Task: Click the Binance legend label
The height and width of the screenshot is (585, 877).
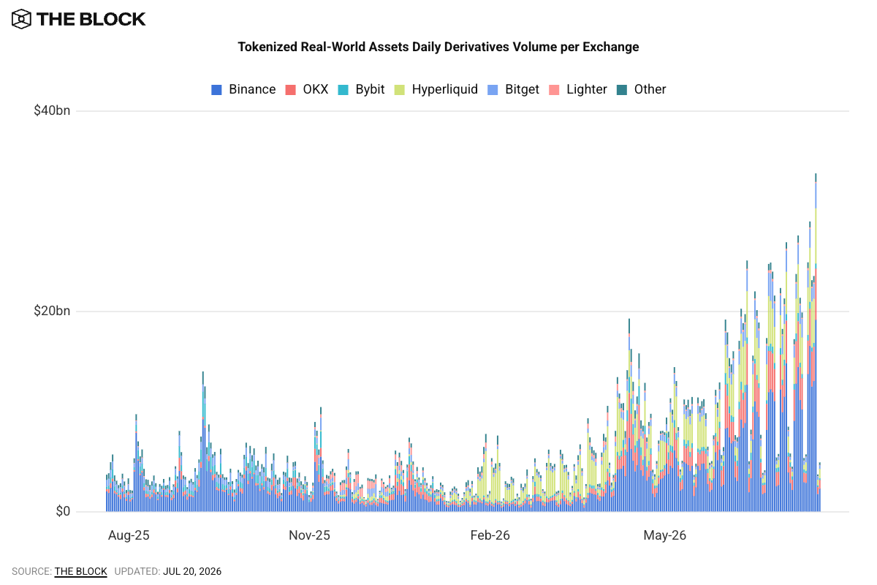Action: [252, 89]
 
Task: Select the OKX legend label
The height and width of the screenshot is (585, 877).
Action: [316, 89]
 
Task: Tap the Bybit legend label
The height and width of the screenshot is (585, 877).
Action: [370, 90]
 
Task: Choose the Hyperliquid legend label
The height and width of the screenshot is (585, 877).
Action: [445, 90]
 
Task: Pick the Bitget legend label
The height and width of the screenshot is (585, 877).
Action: [522, 90]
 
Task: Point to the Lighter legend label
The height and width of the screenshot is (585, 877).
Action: [586, 90]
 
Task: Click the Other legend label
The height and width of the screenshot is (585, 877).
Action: [650, 89]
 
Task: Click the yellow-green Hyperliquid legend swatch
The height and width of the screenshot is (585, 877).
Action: [399, 90]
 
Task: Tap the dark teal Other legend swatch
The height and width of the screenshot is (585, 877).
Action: [622, 90]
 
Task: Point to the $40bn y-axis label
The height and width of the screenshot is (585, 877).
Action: [52, 110]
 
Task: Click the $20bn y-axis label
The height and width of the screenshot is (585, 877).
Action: [52, 311]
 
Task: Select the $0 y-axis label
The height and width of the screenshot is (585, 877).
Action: [63, 511]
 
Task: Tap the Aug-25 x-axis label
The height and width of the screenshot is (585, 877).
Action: [129, 535]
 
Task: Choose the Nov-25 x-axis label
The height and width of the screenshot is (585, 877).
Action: [309, 535]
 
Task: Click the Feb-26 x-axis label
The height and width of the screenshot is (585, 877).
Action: [490, 535]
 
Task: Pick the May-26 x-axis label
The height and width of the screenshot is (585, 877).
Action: [665, 535]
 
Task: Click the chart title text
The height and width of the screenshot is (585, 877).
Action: [438, 47]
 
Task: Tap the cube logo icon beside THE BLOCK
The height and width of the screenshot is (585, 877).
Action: [21, 19]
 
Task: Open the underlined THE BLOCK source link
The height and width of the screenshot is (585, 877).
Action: [80, 571]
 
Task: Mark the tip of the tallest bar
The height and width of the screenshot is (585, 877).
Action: [816, 173]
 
